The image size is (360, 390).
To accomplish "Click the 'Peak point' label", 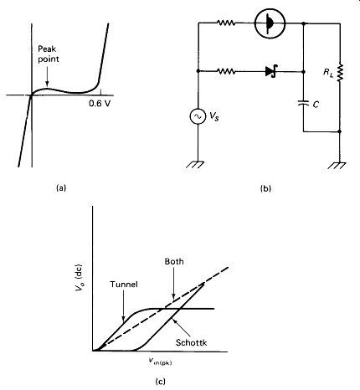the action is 49,54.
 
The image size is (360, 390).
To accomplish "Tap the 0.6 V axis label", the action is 100,104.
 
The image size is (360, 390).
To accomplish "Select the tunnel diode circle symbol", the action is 270,23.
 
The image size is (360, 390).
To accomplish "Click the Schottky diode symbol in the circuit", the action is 271,71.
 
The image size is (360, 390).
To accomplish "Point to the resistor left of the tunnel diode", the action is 226,23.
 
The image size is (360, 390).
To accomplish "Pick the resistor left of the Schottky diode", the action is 226,72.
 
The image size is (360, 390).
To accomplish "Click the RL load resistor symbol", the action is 340,72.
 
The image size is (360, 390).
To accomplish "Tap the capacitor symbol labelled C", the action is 304,103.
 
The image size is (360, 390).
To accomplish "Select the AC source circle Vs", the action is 198,116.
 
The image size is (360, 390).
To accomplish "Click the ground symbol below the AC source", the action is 195,164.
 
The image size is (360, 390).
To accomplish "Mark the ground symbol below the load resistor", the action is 337,165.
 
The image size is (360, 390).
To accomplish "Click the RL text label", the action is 328,73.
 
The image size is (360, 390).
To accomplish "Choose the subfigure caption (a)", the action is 61,187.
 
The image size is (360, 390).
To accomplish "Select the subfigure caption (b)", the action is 265,189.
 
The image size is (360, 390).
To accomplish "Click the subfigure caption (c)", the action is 160,381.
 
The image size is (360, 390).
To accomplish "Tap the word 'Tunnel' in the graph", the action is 124,285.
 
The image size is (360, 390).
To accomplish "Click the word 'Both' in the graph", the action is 174,261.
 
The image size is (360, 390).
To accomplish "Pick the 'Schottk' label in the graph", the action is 192,342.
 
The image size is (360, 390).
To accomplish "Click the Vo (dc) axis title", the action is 79,277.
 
